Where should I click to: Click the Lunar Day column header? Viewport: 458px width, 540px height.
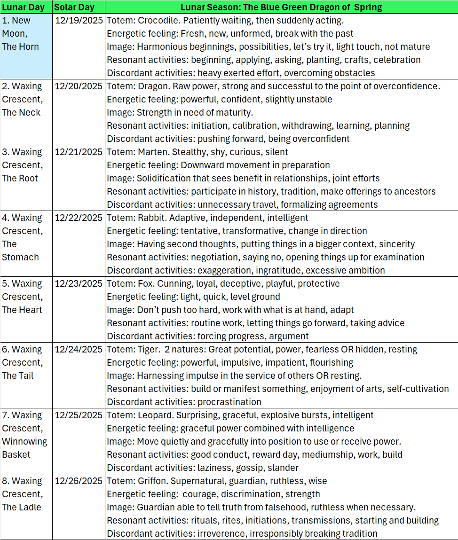[x=26, y=7]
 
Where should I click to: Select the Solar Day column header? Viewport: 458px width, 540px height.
[x=74, y=7]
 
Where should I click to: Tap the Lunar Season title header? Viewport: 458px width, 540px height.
[x=281, y=7]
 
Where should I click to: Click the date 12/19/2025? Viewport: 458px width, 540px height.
[x=79, y=20]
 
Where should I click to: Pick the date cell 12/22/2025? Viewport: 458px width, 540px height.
[x=79, y=218]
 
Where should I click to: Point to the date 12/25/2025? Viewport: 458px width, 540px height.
[x=79, y=415]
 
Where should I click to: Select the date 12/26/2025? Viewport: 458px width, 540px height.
[x=79, y=481]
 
